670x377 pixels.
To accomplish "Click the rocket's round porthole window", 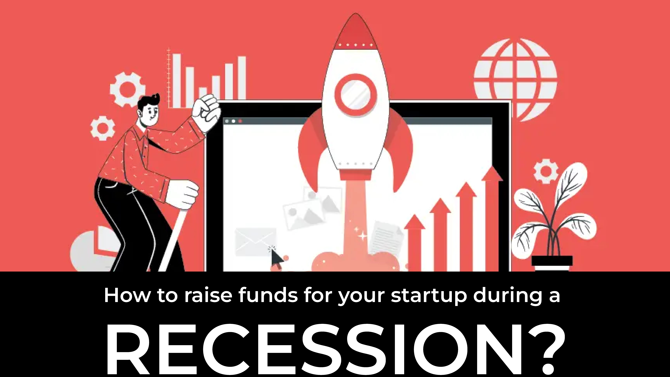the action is pyautogui.click(x=355, y=95).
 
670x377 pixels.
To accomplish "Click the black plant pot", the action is pyautogui.click(x=552, y=263).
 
